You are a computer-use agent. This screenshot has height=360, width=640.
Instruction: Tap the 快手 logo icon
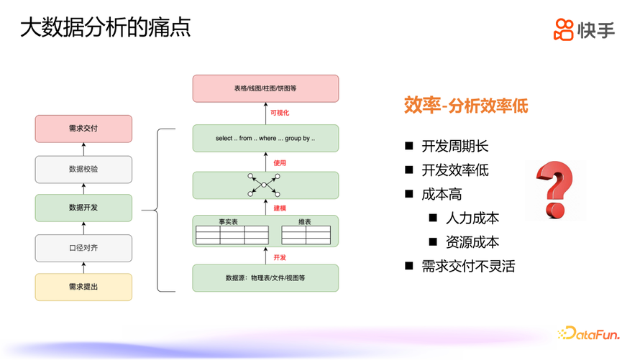[564, 29]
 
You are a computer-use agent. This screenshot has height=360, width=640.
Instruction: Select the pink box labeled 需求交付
[83, 129]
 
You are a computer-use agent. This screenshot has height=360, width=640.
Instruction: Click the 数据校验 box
[83, 169]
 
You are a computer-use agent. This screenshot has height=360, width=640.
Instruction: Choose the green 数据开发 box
[83, 208]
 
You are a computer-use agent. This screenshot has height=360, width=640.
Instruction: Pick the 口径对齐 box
[83, 247]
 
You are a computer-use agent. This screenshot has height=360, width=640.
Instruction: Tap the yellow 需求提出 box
[83, 287]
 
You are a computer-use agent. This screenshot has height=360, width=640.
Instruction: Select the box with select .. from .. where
[265, 138]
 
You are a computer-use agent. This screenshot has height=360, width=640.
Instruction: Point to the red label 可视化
[280, 113]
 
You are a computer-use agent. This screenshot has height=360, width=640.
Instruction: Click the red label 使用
[280, 163]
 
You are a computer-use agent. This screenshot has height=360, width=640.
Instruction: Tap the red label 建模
[280, 208]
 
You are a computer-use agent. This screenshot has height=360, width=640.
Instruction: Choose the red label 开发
[280, 257]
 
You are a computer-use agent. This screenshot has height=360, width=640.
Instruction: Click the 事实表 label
[229, 221]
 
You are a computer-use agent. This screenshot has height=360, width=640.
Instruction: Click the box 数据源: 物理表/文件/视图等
[265, 277]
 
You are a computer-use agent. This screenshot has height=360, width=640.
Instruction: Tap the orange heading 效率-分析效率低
[465, 106]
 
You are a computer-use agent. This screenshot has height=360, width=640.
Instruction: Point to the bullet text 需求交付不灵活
[469, 266]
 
